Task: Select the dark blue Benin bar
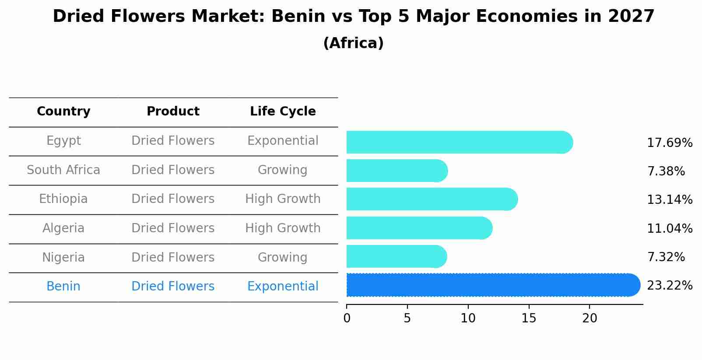pos(492,285)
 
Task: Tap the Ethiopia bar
pos(432,199)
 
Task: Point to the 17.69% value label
pos(669,143)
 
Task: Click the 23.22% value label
pos(669,286)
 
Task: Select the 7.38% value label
pos(666,171)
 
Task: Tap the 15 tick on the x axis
pos(529,318)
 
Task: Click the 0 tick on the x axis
pos(347,318)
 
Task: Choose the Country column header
pos(63,112)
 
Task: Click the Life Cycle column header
pos(283,112)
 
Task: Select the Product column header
pos(173,112)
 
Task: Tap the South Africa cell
pos(63,170)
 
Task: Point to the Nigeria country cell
pos(63,257)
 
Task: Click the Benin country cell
pos(63,287)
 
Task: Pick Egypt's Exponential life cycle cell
pos(283,141)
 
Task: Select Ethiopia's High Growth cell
pos(283,199)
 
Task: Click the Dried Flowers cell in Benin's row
pos(173,287)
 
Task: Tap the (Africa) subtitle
pos(353,43)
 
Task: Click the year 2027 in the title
pos(631,17)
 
